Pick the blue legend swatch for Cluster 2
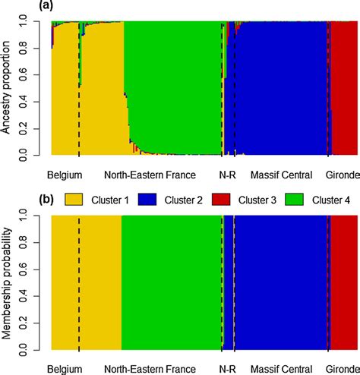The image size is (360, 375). coord(153,200)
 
